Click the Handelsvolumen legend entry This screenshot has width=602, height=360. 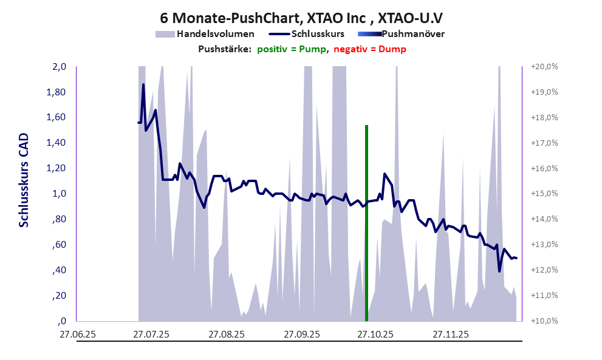pyautogui.click(x=215, y=34)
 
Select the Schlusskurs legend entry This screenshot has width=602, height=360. pyautogui.click(x=318, y=34)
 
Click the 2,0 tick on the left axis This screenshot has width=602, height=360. pyautogui.click(x=58, y=67)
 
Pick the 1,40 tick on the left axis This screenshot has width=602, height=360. pyautogui.click(x=56, y=143)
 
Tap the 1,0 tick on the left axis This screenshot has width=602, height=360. pyautogui.click(x=58, y=194)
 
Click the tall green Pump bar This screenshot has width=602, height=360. pyautogui.click(x=367, y=222)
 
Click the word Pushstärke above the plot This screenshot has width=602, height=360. pyautogui.click(x=225, y=49)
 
